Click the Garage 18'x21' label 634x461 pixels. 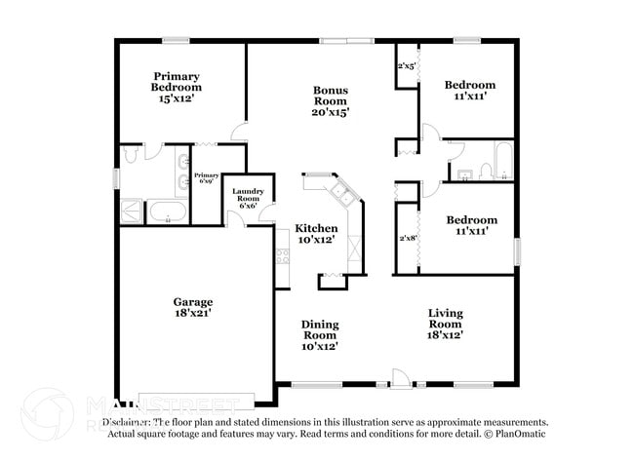pos(192,307)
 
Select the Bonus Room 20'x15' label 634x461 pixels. pos(330,101)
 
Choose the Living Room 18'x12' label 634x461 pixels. pos(445,323)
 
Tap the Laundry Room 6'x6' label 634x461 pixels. pos(247,199)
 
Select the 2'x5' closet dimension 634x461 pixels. pos(407,66)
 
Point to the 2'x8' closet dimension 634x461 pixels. pos(407,238)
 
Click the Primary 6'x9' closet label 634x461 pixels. pos(206,177)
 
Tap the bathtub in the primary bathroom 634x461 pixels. pos(167,212)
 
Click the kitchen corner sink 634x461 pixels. pos(342,191)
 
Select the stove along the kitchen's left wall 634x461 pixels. pos(283,256)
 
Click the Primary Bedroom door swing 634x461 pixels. pos(239,134)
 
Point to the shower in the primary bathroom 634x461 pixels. pos(132,212)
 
